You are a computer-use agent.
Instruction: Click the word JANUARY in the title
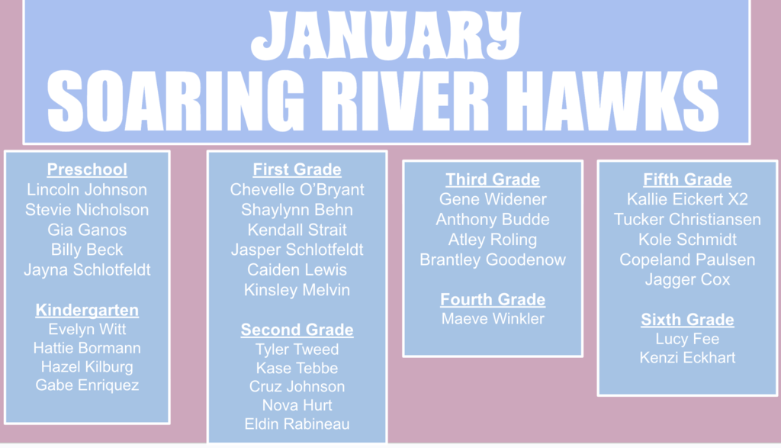(386, 36)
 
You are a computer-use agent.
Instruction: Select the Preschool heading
(87, 169)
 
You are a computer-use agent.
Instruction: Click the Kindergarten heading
(87, 310)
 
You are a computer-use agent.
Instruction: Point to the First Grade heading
(297, 169)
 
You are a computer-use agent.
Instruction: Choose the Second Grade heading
(297, 330)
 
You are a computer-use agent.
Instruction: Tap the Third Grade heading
(493, 179)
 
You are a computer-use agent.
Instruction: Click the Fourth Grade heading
(493, 299)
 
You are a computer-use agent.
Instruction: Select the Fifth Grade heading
(687, 179)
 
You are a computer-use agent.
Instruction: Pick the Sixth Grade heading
(687, 320)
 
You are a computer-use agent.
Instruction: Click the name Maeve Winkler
(493, 318)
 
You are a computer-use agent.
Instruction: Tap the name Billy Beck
(87, 250)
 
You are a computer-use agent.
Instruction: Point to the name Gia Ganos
(87, 230)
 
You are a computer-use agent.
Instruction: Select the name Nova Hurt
(297, 405)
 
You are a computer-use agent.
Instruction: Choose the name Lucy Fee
(687, 339)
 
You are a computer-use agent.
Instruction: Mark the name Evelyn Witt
(87, 330)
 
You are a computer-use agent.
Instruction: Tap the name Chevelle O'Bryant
(297, 190)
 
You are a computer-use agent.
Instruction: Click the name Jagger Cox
(687, 280)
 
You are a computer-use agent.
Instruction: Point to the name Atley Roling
(493, 240)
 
